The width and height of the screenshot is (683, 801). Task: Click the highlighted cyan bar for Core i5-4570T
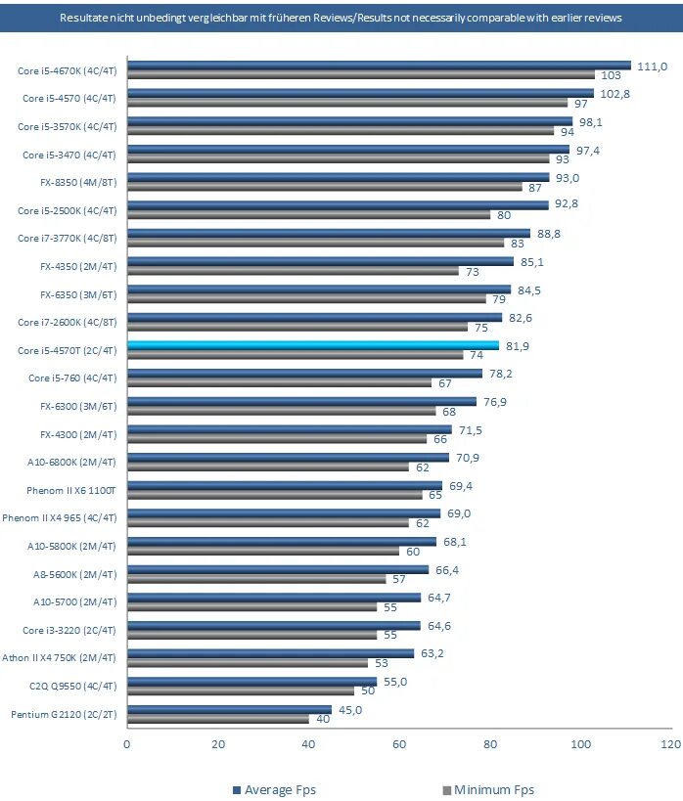click(313, 345)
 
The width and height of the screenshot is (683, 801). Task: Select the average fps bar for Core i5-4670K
click(379, 66)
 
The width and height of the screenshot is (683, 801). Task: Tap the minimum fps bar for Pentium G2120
click(218, 719)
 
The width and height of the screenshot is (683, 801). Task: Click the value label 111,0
click(652, 66)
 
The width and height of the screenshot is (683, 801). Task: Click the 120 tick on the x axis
click(671, 744)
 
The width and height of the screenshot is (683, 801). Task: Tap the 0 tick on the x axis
click(127, 744)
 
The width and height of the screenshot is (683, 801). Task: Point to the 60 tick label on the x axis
click(399, 744)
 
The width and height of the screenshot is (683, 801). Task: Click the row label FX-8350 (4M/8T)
click(77, 182)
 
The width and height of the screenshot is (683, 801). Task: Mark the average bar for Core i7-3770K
click(329, 234)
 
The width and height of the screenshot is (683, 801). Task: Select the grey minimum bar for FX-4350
click(294, 271)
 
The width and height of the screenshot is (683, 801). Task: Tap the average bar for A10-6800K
click(288, 457)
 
